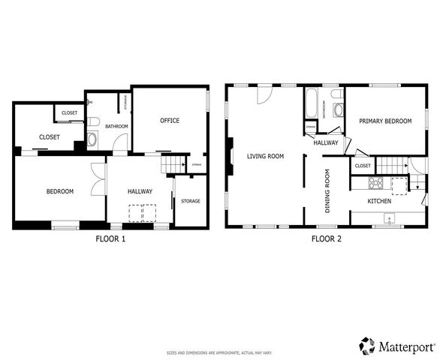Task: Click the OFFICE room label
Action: pos(170,120)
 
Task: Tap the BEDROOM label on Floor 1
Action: pos(60,191)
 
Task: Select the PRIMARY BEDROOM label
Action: pos(384,121)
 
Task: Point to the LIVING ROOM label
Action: pos(265,156)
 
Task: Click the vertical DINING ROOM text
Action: pos(327,191)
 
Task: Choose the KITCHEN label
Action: pos(379,201)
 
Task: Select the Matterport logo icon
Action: pos(367,345)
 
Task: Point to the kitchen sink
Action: pos(389,218)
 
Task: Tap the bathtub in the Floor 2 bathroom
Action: pos(312,103)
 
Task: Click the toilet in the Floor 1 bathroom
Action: pos(92,121)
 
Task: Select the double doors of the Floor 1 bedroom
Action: pos(98,180)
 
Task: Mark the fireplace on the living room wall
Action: pos(229,156)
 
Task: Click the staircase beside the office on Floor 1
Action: pos(174,163)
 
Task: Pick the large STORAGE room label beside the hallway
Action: pos(191,201)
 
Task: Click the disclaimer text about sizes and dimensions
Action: pos(219,352)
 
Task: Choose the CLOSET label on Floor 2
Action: pos(362,165)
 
